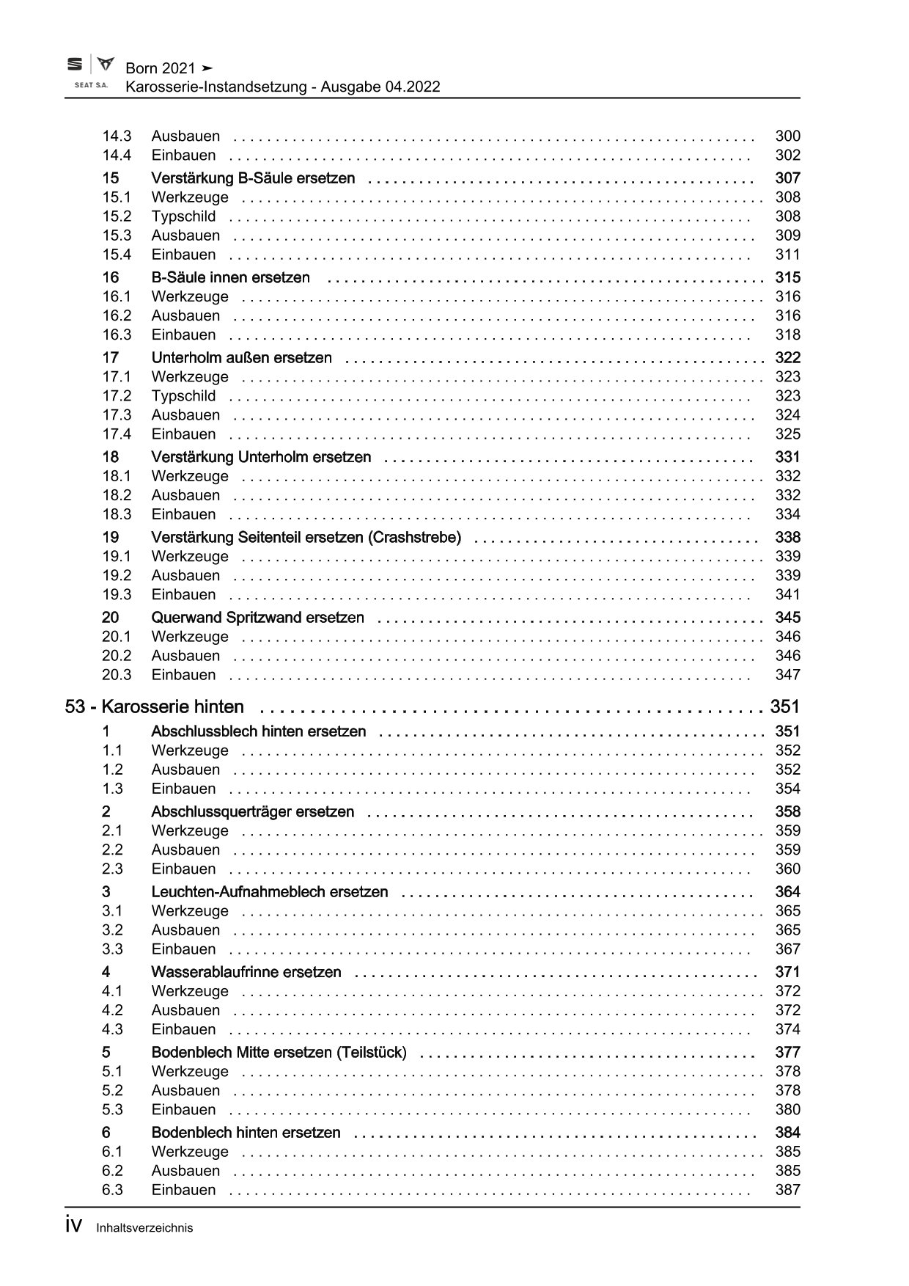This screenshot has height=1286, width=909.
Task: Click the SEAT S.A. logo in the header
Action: click(90, 72)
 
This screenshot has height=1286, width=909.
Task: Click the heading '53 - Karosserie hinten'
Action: click(155, 707)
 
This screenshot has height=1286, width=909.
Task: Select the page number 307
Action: click(787, 178)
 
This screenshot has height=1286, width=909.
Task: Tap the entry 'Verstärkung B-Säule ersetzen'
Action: click(253, 178)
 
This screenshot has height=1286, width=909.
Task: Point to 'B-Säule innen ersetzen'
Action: click(230, 278)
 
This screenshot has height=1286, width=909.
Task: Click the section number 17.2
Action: click(117, 396)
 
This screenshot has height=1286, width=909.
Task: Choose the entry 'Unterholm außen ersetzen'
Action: click(241, 358)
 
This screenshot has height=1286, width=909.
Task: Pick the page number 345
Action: click(787, 618)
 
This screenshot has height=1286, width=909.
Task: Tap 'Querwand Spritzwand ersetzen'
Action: click(257, 618)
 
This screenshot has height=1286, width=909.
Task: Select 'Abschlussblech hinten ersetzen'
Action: click(258, 731)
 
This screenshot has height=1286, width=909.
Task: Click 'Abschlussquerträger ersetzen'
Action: click(252, 812)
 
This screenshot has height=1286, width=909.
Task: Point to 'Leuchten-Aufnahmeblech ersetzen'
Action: click(269, 892)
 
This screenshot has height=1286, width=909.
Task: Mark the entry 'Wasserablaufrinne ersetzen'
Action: click(246, 972)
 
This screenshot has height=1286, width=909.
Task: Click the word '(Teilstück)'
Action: click(371, 1053)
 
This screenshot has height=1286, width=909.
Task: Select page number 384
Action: click(787, 1133)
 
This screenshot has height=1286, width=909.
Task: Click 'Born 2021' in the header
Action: click(161, 68)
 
